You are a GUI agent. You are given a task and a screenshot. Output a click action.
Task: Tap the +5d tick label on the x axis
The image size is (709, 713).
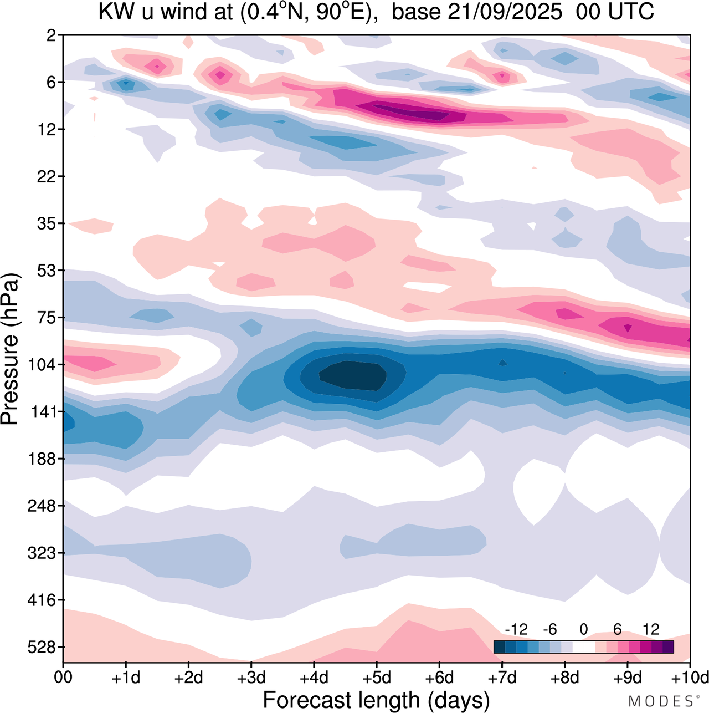coord(377,678)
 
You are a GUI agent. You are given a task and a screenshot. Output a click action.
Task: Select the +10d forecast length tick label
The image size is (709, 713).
coord(690,678)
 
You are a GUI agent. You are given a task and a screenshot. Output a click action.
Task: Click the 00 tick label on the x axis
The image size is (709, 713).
coord(63,678)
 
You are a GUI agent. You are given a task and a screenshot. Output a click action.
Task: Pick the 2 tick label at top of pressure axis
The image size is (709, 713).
coord(52,35)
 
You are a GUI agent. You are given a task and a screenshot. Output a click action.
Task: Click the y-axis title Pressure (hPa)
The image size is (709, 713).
coord(10,349)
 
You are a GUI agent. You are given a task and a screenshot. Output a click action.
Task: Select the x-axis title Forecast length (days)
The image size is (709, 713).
coord(376,700)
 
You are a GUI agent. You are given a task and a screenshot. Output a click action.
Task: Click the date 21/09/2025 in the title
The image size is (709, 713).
coord(505,12)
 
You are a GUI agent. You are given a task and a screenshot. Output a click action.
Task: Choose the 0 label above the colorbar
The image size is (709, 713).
coord(583,629)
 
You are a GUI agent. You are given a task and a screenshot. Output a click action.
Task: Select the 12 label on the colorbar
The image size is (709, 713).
coord(651,629)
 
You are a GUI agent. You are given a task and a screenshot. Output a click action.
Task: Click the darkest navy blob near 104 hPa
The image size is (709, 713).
coord(352,375)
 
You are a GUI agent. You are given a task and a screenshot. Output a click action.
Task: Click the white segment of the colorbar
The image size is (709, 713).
coord(583,647)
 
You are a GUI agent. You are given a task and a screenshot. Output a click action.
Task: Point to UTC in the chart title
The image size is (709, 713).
coord(631,12)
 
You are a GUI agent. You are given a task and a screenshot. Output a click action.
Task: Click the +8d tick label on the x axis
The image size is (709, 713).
coord(565,678)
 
